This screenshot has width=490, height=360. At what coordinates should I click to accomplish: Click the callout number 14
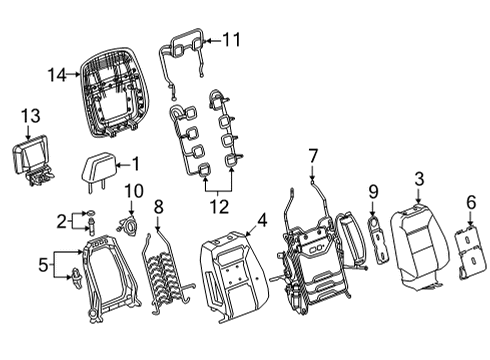(57, 75)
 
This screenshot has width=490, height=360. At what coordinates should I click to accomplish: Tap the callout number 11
(231, 40)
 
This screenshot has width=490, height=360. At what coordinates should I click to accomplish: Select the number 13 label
(30, 116)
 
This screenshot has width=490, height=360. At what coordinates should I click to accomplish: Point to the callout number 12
(219, 207)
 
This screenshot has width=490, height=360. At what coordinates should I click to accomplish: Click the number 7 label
(313, 156)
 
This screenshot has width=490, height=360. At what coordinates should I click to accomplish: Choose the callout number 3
(419, 179)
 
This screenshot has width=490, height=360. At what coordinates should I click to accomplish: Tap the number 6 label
(471, 203)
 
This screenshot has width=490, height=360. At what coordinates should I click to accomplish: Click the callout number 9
(373, 192)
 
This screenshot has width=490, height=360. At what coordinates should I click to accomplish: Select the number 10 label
(134, 191)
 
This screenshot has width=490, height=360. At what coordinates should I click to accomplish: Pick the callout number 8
(159, 207)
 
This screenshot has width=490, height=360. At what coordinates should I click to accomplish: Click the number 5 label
(43, 265)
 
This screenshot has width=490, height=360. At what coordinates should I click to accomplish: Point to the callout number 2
(62, 222)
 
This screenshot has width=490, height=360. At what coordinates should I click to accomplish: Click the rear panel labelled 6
(470, 252)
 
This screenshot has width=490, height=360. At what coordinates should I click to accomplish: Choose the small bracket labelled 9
(378, 239)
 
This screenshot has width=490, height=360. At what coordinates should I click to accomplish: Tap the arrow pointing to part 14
(73, 75)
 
